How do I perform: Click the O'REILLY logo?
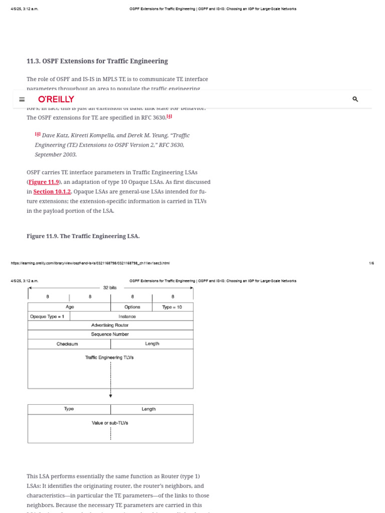(56, 99)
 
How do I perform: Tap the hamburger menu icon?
(22, 99)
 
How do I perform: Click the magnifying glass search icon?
(355, 99)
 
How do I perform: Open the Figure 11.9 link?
(44, 182)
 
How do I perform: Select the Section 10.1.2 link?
(52, 191)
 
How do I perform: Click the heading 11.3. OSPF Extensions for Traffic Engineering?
(97, 61)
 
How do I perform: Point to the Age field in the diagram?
(70, 307)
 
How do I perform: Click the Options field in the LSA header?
(132, 307)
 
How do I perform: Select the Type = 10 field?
(172, 307)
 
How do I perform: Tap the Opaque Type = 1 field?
(47, 317)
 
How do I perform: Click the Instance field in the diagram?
(127, 317)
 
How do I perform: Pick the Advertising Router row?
(110, 326)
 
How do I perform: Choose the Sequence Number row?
(110, 334)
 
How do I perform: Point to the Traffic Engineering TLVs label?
(110, 358)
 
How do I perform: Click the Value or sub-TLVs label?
(110, 423)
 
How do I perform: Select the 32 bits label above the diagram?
(110, 288)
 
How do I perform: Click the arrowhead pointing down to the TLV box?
(110, 396)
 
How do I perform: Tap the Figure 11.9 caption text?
(83, 236)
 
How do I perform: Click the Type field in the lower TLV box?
(69, 409)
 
